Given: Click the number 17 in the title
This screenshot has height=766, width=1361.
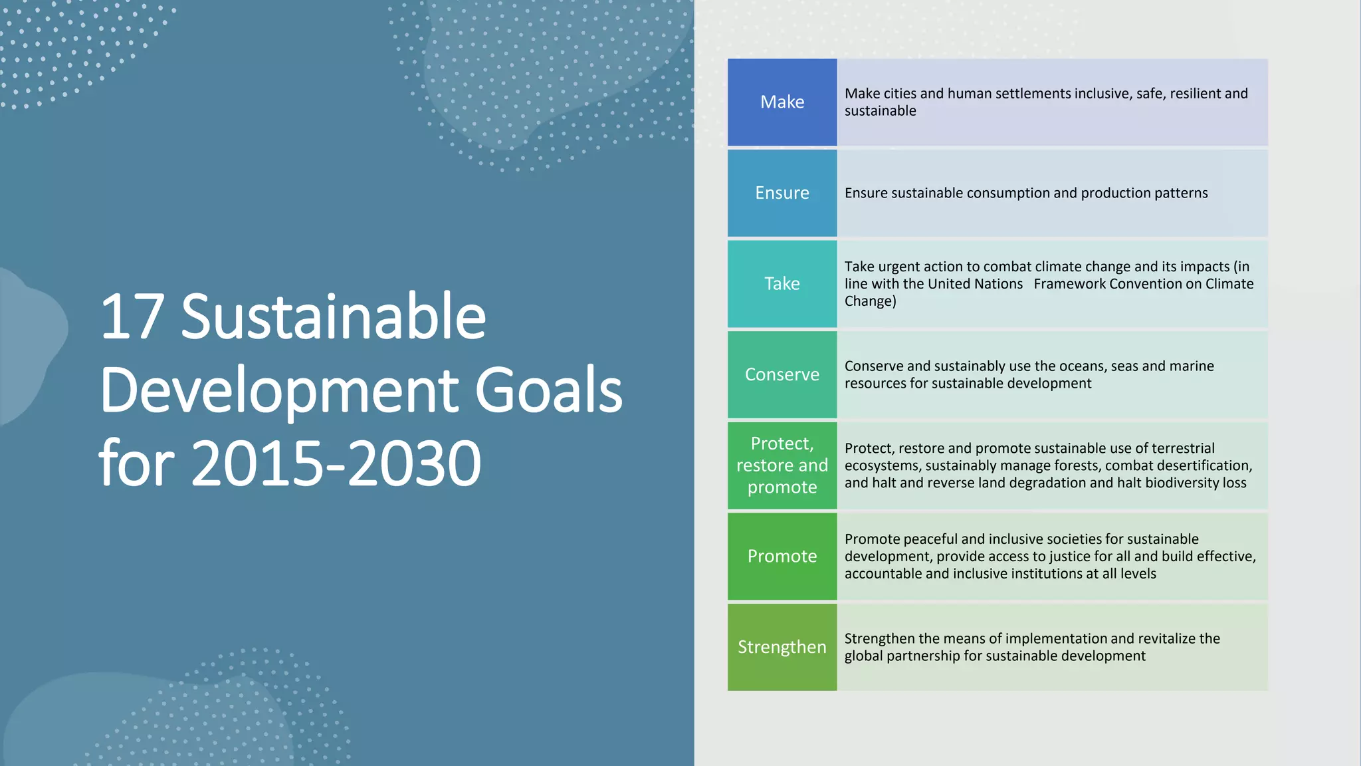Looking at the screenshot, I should [132, 318].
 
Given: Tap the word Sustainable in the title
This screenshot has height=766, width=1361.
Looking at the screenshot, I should [333, 318].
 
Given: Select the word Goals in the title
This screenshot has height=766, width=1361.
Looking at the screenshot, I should [548, 391].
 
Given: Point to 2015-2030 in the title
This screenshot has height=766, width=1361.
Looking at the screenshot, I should [336, 464].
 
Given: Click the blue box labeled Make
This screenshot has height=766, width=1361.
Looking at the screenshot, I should [782, 102].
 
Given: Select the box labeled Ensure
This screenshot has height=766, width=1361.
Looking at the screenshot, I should [782, 193].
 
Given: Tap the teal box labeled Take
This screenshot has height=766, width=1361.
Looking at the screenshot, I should [782, 284].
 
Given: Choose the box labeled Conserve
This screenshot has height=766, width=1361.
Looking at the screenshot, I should [782, 374].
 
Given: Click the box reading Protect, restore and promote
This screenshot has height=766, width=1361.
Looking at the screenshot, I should [782, 465].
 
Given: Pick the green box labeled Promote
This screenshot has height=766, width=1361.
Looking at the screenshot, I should [782, 556].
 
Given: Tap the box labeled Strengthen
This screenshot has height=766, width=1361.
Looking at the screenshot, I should [782, 647].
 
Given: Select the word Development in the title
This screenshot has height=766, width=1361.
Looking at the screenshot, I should [279, 391].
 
